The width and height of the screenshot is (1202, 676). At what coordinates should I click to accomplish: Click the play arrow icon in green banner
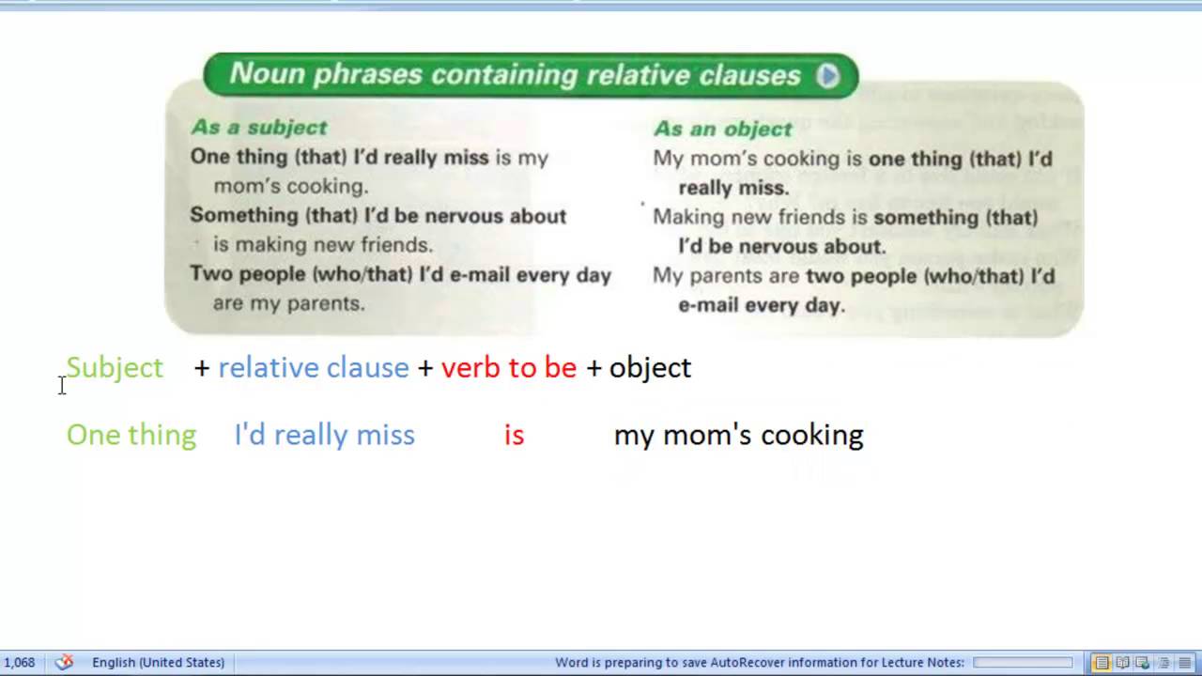[827, 76]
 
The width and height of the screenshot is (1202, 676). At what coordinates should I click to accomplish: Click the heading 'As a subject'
[259, 128]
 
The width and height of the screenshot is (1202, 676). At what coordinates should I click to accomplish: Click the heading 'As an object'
[722, 129]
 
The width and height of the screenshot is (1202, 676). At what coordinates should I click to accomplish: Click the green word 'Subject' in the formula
[115, 367]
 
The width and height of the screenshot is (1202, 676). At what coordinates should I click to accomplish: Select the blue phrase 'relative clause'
[313, 367]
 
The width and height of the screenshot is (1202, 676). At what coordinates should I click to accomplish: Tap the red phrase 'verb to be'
[508, 367]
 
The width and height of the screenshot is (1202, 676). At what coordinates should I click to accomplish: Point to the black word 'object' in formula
[650, 367]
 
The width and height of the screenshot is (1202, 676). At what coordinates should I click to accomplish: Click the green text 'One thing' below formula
[131, 435]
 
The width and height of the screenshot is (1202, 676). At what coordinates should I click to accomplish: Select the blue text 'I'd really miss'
[324, 435]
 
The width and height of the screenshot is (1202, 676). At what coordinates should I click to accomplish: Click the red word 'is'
[514, 435]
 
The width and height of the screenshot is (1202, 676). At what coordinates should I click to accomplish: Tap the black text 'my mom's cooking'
[738, 435]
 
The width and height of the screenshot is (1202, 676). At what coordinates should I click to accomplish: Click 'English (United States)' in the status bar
[158, 663]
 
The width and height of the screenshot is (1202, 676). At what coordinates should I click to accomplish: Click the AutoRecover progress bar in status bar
[1023, 663]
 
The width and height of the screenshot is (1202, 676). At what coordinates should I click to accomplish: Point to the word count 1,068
[19, 663]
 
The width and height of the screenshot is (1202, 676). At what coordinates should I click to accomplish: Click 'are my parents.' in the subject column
[288, 303]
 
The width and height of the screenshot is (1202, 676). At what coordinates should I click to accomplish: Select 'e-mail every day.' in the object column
[761, 305]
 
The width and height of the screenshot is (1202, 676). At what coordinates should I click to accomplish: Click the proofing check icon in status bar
[64, 663]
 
